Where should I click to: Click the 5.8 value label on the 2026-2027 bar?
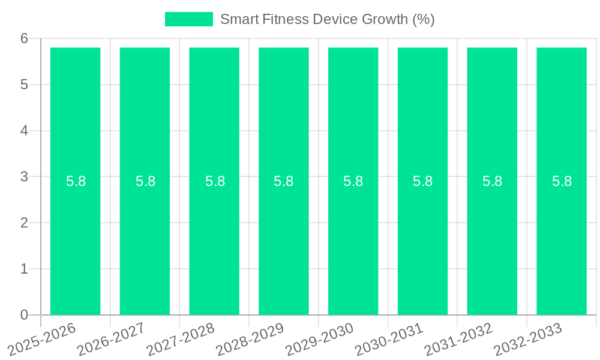145,181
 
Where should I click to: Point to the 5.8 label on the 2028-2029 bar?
284,181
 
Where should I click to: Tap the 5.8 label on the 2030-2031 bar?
422,181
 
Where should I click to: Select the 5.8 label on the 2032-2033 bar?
562,181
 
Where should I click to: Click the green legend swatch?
188,19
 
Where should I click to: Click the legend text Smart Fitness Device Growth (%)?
327,19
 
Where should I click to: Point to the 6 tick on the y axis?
24,38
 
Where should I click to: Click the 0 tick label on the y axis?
24,315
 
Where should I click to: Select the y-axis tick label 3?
24,177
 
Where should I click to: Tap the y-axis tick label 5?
24,85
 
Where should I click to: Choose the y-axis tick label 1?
24,269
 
